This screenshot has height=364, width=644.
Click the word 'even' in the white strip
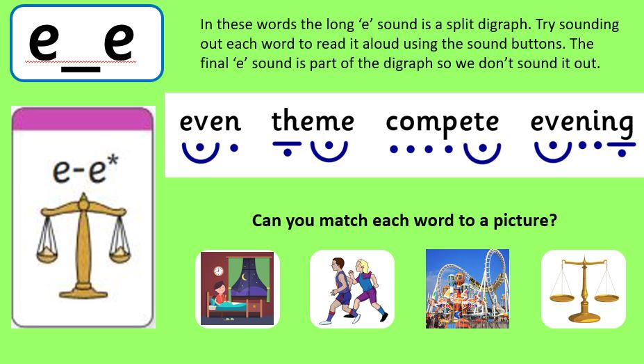click(x=210, y=122)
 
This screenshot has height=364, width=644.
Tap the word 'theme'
click(x=313, y=120)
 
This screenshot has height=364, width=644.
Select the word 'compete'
click(x=443, y=122)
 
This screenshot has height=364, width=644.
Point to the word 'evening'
click(x=581, y=122)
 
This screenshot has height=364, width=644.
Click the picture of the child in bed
click(x=237, y=289)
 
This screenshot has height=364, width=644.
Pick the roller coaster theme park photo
click(x=468, y=289)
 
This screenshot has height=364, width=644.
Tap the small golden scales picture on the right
click(x=584, y=290)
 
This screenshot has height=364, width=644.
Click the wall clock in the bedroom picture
click(x=218, y=271)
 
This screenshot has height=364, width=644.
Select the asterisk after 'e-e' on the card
click(x=113, y=160)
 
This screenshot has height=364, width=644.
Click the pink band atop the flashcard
click(x=83, y=119)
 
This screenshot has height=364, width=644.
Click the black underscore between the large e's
click(x=81, y=70)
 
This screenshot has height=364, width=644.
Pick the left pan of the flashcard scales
click(x=47, y=255)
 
